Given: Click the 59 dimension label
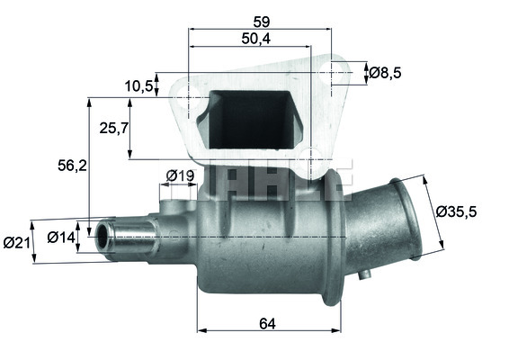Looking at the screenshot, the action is click(x=262, y=22).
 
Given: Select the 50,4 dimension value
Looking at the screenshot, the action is click(x=255, y=39).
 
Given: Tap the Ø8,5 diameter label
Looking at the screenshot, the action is click(x=385, y=73).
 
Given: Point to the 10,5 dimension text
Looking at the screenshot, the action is click(x=138, y=86).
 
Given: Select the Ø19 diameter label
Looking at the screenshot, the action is click(x=181, y=175).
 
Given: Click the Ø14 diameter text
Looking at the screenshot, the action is click(x=61, y=238).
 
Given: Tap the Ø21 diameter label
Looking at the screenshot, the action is click(x=17, y=243).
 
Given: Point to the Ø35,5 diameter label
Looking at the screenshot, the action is click(x=457, y=211).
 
